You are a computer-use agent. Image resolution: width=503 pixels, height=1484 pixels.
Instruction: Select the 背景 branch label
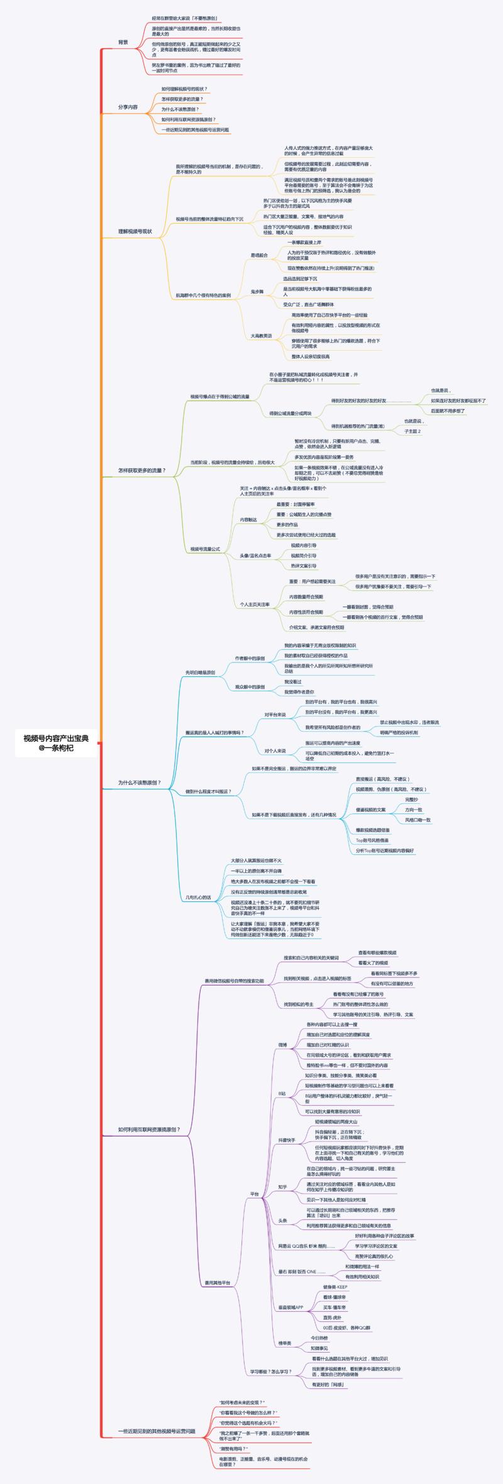click(123, 42)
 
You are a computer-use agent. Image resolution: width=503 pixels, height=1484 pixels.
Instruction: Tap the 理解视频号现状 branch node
click(135, 231)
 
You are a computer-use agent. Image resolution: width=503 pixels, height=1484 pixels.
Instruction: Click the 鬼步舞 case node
click(257, 292)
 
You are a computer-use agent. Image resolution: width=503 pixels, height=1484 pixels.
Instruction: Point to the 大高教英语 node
click(262, 336)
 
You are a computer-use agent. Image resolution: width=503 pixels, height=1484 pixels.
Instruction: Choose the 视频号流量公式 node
click(206, 549)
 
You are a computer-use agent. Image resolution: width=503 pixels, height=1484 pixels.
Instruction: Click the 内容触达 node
click(248, 520)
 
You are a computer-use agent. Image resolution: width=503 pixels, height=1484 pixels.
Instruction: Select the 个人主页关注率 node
click(255, 605)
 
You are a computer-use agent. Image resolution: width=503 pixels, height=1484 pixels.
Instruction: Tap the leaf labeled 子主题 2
click(412, 431)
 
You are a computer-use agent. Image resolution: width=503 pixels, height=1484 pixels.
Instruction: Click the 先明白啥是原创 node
click(201, 672)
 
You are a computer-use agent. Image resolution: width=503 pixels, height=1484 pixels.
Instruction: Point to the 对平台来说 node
click(275, 715)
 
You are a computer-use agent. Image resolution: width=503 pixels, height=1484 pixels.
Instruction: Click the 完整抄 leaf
click(412, 799)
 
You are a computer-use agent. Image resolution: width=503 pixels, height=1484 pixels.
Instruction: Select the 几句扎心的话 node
click(198, 897)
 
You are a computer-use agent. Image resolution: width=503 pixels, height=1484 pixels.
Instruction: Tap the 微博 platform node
click(283, 1045)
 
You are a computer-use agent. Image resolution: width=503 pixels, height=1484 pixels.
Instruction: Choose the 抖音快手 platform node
click(287, 1140)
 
